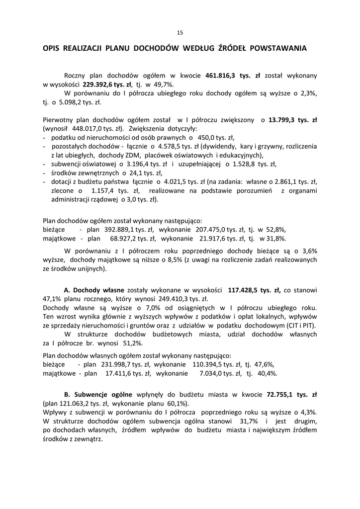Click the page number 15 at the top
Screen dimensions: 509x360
coord(180,33)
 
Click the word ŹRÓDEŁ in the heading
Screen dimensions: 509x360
coord(232,49)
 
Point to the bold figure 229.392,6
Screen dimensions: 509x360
coord(100,85)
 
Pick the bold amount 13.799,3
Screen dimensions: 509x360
coord(285,120)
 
